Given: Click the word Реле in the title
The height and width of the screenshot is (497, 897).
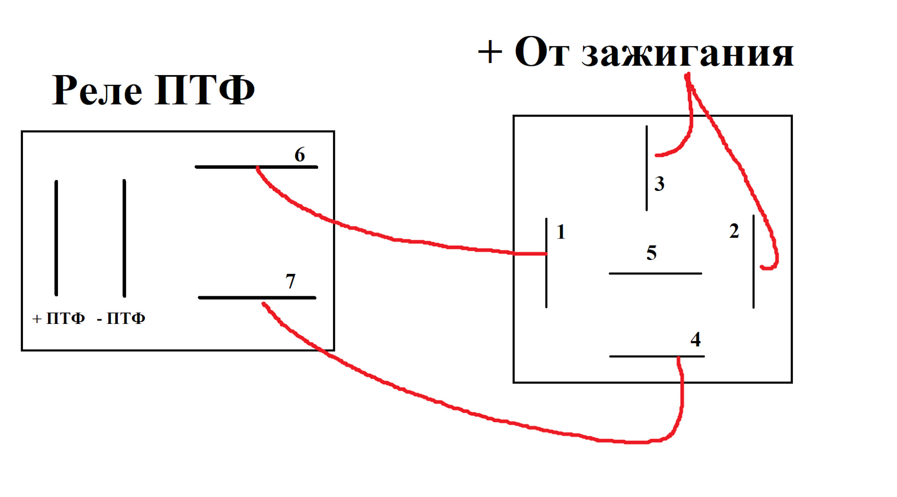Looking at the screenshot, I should click(97, 90).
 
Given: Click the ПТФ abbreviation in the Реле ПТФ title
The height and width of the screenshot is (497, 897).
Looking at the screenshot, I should click(205, 90).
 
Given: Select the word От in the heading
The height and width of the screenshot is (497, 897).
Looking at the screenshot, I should click(542, 52).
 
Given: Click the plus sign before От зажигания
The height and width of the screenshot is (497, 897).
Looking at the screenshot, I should click(490, 52).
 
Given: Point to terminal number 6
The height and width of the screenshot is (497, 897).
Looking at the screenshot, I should click(299, 154).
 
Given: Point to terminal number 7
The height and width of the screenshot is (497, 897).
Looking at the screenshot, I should click(290, 281).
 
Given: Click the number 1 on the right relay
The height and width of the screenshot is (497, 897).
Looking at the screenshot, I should click(561, 232).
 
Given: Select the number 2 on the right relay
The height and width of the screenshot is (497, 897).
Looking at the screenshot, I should click(734, 231).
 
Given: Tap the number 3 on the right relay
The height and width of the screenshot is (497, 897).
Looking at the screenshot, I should click(659, 184).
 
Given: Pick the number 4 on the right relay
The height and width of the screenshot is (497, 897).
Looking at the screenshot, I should click(696, 340).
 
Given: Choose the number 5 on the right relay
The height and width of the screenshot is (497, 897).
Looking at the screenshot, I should click(651, 253).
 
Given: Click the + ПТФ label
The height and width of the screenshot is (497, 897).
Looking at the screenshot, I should click(59, 319).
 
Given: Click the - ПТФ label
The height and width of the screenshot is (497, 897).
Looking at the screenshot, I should click(121, 319).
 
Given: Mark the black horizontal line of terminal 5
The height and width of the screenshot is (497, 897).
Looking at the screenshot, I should click(655, 273).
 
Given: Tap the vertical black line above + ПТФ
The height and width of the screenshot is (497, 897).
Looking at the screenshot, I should click(57, 238).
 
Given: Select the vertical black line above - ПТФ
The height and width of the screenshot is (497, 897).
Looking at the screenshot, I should click(124, 238).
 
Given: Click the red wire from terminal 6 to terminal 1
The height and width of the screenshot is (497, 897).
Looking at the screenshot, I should click(397, 240).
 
